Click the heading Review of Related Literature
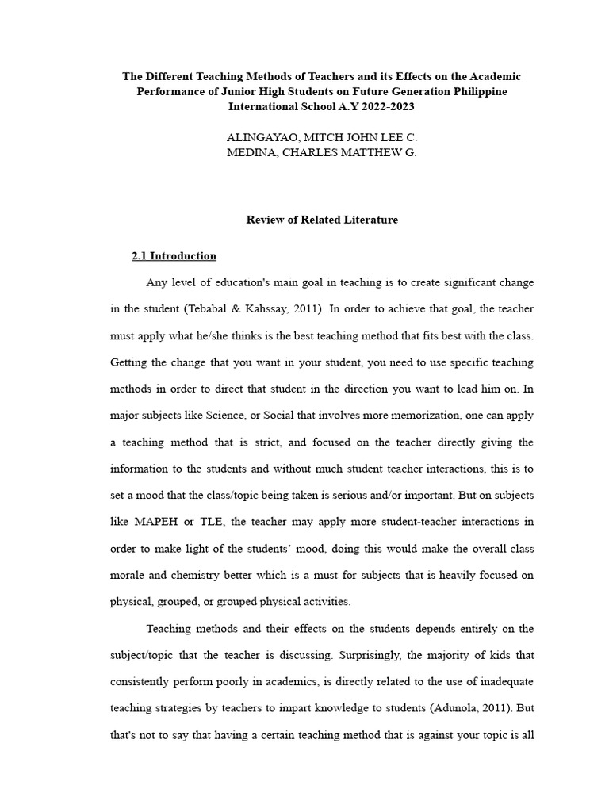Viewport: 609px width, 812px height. pos(322,220)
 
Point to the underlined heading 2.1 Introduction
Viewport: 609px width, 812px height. pos(174,256)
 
